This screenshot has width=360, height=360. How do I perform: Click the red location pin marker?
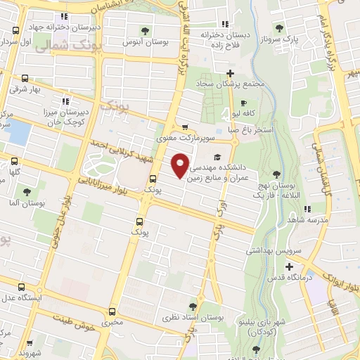181,165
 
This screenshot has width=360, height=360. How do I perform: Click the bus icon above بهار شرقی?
25,79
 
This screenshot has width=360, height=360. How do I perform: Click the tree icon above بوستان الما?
27,191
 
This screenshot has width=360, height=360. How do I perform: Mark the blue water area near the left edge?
20,132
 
